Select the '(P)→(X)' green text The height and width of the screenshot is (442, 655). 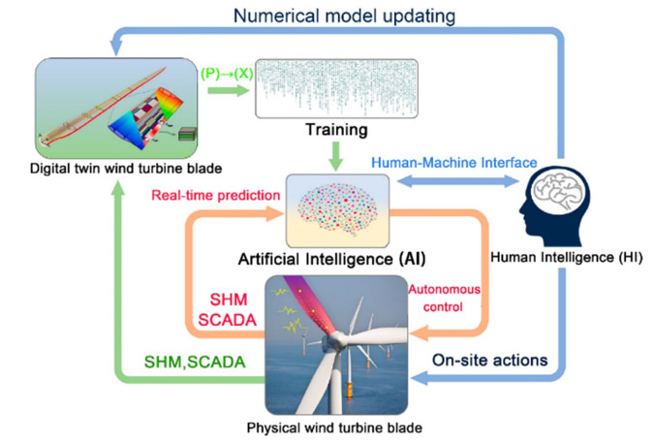226,76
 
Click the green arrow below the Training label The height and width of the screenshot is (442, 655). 333,155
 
